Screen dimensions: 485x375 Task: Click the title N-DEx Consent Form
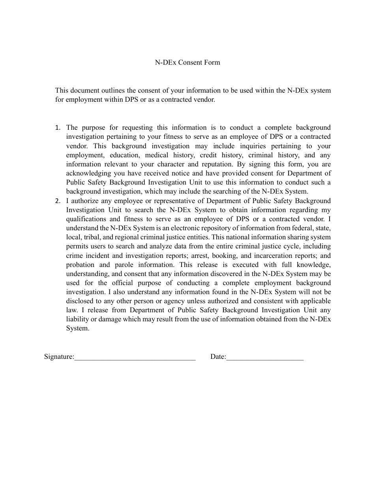point(187,62)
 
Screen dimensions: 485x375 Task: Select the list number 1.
point(58,127)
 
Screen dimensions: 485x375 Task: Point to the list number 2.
point(58,201)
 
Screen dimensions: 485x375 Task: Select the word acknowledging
point(86,173)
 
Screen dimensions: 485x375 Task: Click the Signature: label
point(59,356)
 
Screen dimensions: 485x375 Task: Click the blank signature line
point(135,357)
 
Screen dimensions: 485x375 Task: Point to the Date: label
point(218,356)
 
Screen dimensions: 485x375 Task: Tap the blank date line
point(265,357)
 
